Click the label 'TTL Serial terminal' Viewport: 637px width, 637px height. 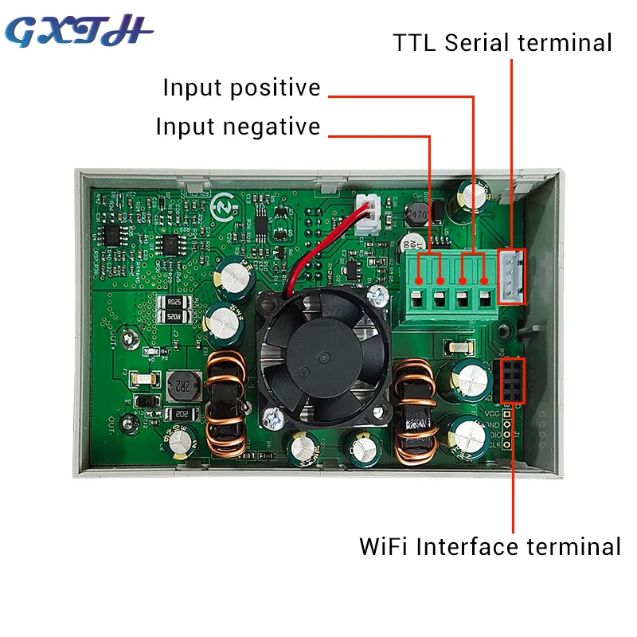502,42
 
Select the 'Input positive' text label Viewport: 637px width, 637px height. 241,88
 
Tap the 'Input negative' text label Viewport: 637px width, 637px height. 237,127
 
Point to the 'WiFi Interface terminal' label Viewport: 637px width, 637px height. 490,547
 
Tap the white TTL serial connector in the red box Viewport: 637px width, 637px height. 511,276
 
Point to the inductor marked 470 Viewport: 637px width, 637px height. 416,215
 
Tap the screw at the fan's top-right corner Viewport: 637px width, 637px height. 377,296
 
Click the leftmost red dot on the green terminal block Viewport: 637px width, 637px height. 420,279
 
